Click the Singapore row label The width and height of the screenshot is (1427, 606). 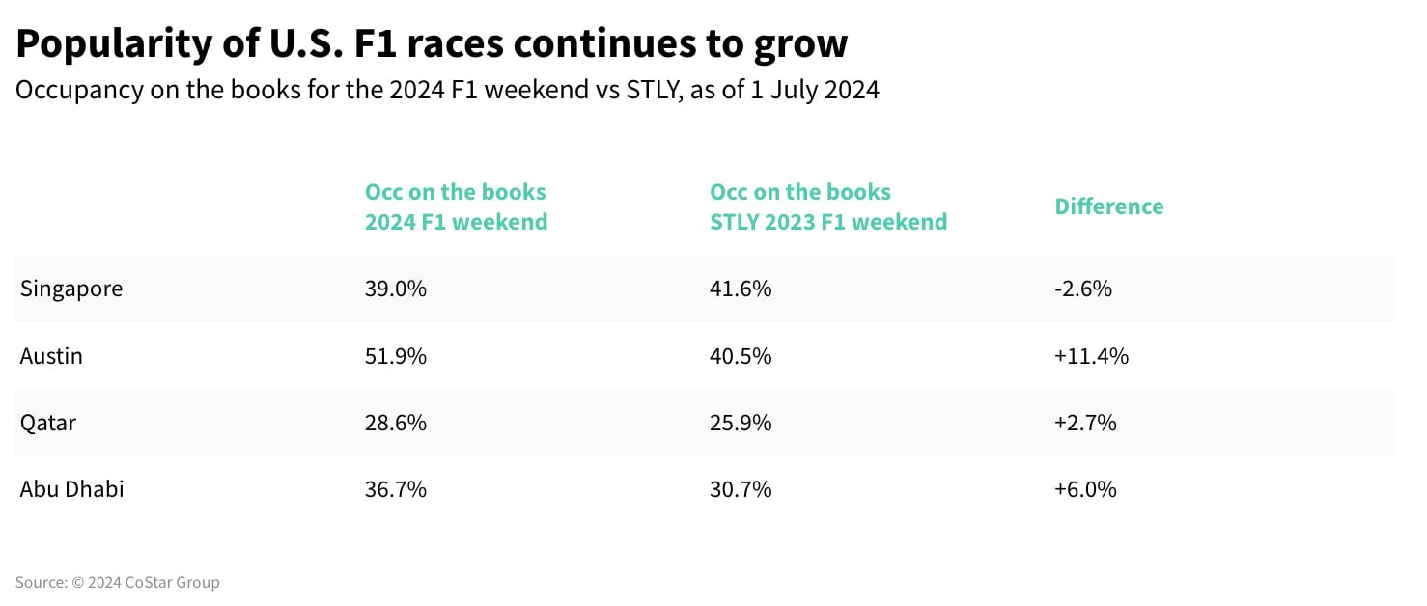pos(71,289)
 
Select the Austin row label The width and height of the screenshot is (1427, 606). pos(51,356)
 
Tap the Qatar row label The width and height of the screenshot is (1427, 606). pos(47,423)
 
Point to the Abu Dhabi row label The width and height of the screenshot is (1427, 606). pos(71,489)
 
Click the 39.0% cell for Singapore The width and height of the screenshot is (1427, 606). pos(396,289)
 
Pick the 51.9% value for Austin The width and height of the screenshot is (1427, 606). pos(396,356)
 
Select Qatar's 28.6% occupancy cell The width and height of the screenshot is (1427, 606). pos(396,423)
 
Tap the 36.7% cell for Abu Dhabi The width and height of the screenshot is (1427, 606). pos(396,489)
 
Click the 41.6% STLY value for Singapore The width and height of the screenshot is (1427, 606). pos(741,289)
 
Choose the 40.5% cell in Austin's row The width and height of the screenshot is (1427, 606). pos(741,356)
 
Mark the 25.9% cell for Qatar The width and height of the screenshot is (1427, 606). pos(741,423)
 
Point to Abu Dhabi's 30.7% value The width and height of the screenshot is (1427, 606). pos(741,489)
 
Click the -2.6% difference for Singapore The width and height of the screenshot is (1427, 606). pos(1083,289)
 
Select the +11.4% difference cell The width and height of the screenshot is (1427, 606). pos(1091,356)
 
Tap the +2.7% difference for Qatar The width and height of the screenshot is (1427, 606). pos(1085,423)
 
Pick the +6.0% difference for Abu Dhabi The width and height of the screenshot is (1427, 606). pos(1085,489)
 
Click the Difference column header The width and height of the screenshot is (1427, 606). pos(1109,207)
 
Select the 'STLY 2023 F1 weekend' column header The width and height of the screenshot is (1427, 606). pos(828,221)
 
